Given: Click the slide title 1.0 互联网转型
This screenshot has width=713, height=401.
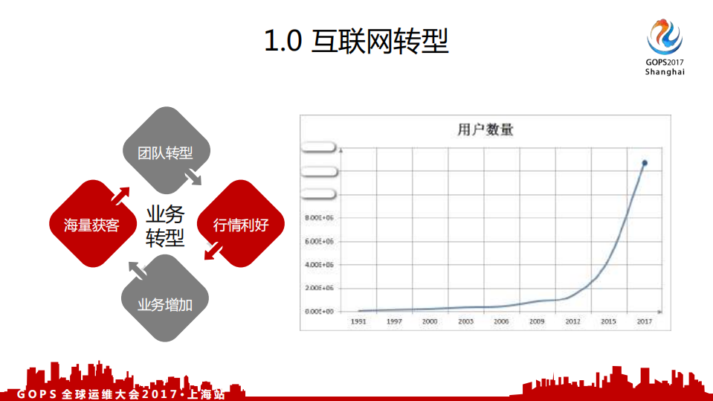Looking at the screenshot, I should coord(356,41).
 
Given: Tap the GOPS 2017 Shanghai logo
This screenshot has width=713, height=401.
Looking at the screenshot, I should coord(665,47).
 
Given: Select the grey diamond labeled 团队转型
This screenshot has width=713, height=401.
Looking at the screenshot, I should coord(165,153).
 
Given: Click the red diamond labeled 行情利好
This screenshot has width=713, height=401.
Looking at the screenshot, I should coord(240,225).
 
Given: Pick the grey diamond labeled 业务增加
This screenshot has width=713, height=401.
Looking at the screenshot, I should coord(165,304).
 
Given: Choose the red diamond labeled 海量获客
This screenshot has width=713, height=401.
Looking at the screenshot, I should coord(91,225).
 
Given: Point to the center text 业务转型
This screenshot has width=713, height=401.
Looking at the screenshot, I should coord(165,226).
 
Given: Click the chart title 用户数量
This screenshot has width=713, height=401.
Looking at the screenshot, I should coord(485,129).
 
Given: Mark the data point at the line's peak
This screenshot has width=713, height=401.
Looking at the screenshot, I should coord(645,163).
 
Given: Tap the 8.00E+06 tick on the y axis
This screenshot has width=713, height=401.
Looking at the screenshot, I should coord(318,218).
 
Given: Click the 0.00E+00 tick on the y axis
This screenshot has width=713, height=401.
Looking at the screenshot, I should coord(318,311).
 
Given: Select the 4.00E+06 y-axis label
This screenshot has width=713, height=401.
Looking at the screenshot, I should coord(318,264).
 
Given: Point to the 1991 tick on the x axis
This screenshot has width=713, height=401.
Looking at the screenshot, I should coord(359,321).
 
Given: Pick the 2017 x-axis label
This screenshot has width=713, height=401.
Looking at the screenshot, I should coord(645,321).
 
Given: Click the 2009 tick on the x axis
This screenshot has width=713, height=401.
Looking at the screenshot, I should coord(537,321).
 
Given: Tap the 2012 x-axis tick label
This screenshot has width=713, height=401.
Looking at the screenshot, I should coord(572,321).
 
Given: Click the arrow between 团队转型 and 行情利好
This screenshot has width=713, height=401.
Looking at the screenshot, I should coord(193,177).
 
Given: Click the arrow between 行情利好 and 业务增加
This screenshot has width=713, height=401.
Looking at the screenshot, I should coord(212,254).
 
